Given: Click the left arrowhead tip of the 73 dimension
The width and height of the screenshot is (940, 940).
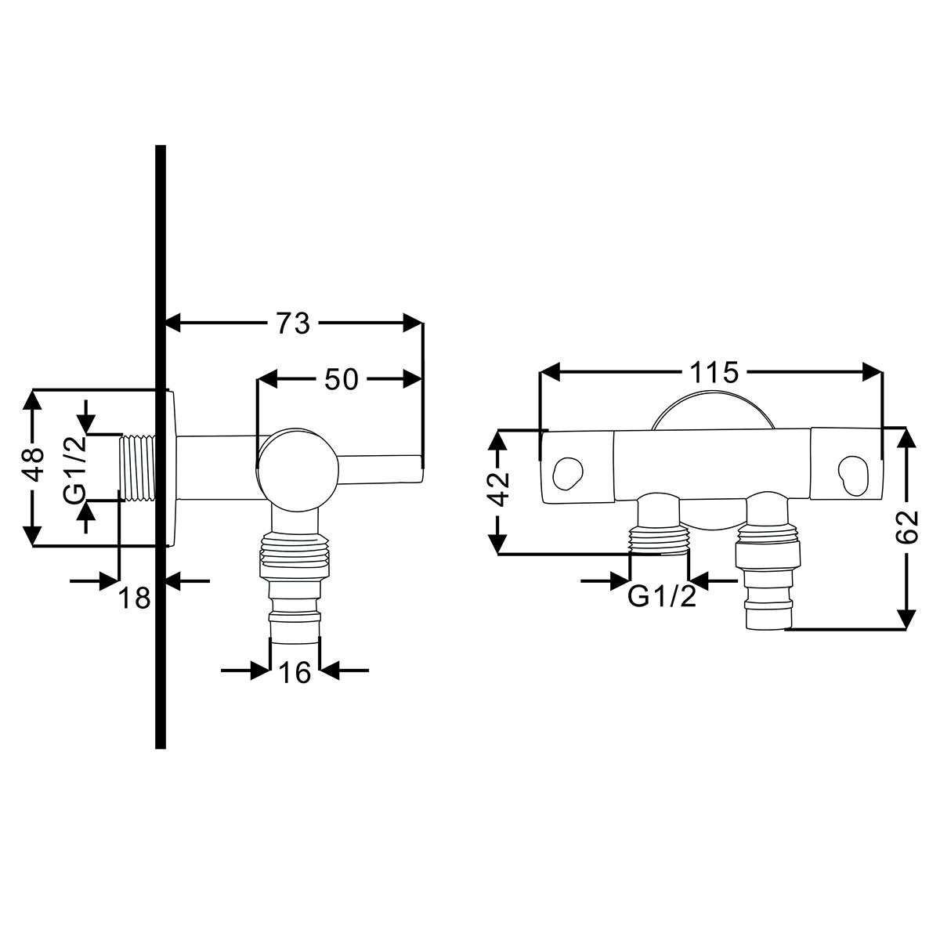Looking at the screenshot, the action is coord(166,323).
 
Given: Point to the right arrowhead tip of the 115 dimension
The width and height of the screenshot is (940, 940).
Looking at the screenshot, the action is coord(882,372).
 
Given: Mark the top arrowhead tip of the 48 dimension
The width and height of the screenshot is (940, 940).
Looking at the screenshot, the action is coord(33,389).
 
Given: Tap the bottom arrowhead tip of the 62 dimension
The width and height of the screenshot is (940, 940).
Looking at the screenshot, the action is coord(906,629).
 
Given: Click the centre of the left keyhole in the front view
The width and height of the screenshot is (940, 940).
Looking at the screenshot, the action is coord(568,473).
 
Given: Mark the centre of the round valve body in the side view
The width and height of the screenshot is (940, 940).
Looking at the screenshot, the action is coord(298,470).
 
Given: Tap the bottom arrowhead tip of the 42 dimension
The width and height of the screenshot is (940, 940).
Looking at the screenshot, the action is coord(497,554).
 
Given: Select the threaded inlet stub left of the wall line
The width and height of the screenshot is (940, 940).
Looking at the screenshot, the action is coord(138,467).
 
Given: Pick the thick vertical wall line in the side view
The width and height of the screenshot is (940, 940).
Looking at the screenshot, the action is coord(161,446).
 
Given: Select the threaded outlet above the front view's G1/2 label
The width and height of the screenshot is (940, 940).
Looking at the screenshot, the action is coord(659,538).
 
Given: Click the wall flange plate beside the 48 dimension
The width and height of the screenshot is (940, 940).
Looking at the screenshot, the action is coord(172,467).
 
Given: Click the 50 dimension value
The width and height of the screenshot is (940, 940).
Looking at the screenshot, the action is coord(342,379).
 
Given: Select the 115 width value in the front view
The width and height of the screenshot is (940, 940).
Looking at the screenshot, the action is coord(714,373).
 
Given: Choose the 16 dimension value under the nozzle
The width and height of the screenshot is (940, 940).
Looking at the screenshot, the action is coord(295,673).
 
